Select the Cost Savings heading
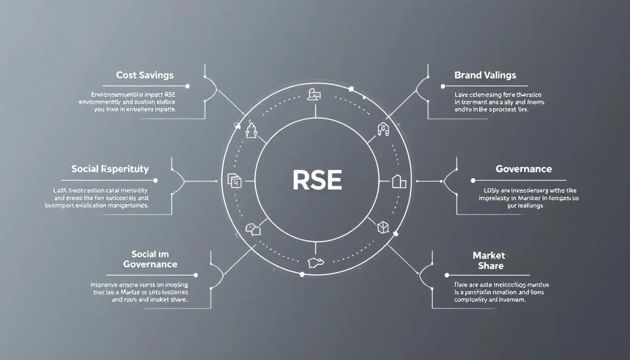[145, 75]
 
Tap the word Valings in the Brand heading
[500, 75]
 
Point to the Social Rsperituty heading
[110, 169]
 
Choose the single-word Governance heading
[524, 169]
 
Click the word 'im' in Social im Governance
[163, 254]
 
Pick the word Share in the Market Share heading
[491, 266]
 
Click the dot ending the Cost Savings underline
[187, 86]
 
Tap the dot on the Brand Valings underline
[442, 86]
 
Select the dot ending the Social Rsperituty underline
[155, 180]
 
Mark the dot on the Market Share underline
[447, 275]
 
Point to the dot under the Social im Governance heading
[195, 275]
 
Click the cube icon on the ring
[383, 227]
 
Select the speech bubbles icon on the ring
[252, 229]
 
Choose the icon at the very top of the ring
[314, 94]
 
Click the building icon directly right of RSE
[398, 181]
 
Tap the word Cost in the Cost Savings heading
[127, 75]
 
